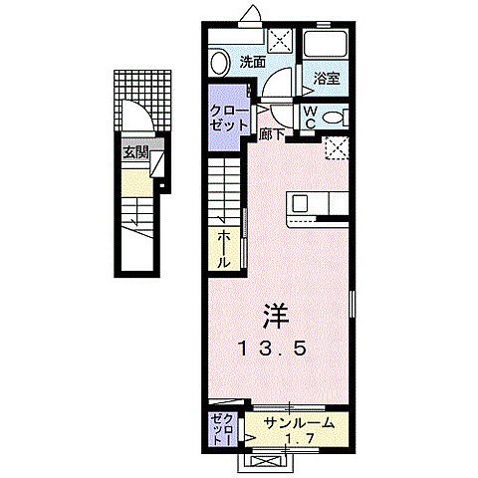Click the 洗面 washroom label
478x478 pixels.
pyautogui.click(x=252, y=62)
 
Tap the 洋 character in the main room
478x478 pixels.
pyautogui.click(x=277, y=316)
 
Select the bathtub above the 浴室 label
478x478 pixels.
pyautogui.click(x=324, y=44)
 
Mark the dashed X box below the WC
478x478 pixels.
pyautogui.click(x=339, y=148)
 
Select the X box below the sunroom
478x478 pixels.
pyautogui.click(x=268, y=461)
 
